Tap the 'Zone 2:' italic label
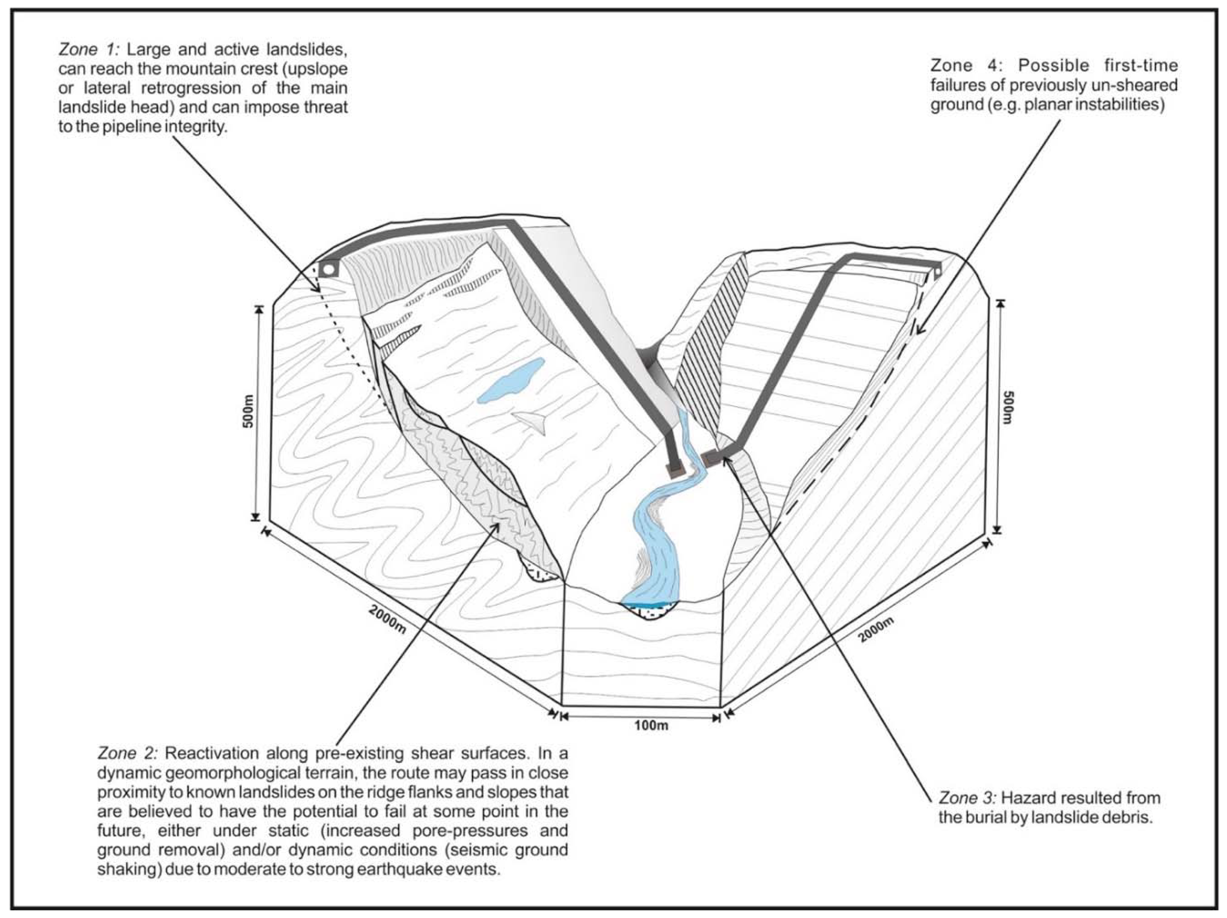127,753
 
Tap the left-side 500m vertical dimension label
248,411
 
